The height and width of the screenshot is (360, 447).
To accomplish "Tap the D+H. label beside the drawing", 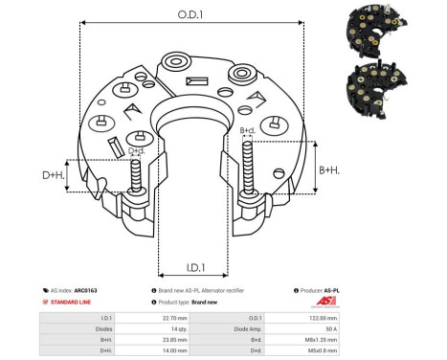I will point(55,175).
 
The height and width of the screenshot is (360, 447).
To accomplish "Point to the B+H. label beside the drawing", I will point(328,169).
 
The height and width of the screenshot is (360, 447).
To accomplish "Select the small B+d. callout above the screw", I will point(247,129).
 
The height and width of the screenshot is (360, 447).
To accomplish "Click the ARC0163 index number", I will point(86,289).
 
